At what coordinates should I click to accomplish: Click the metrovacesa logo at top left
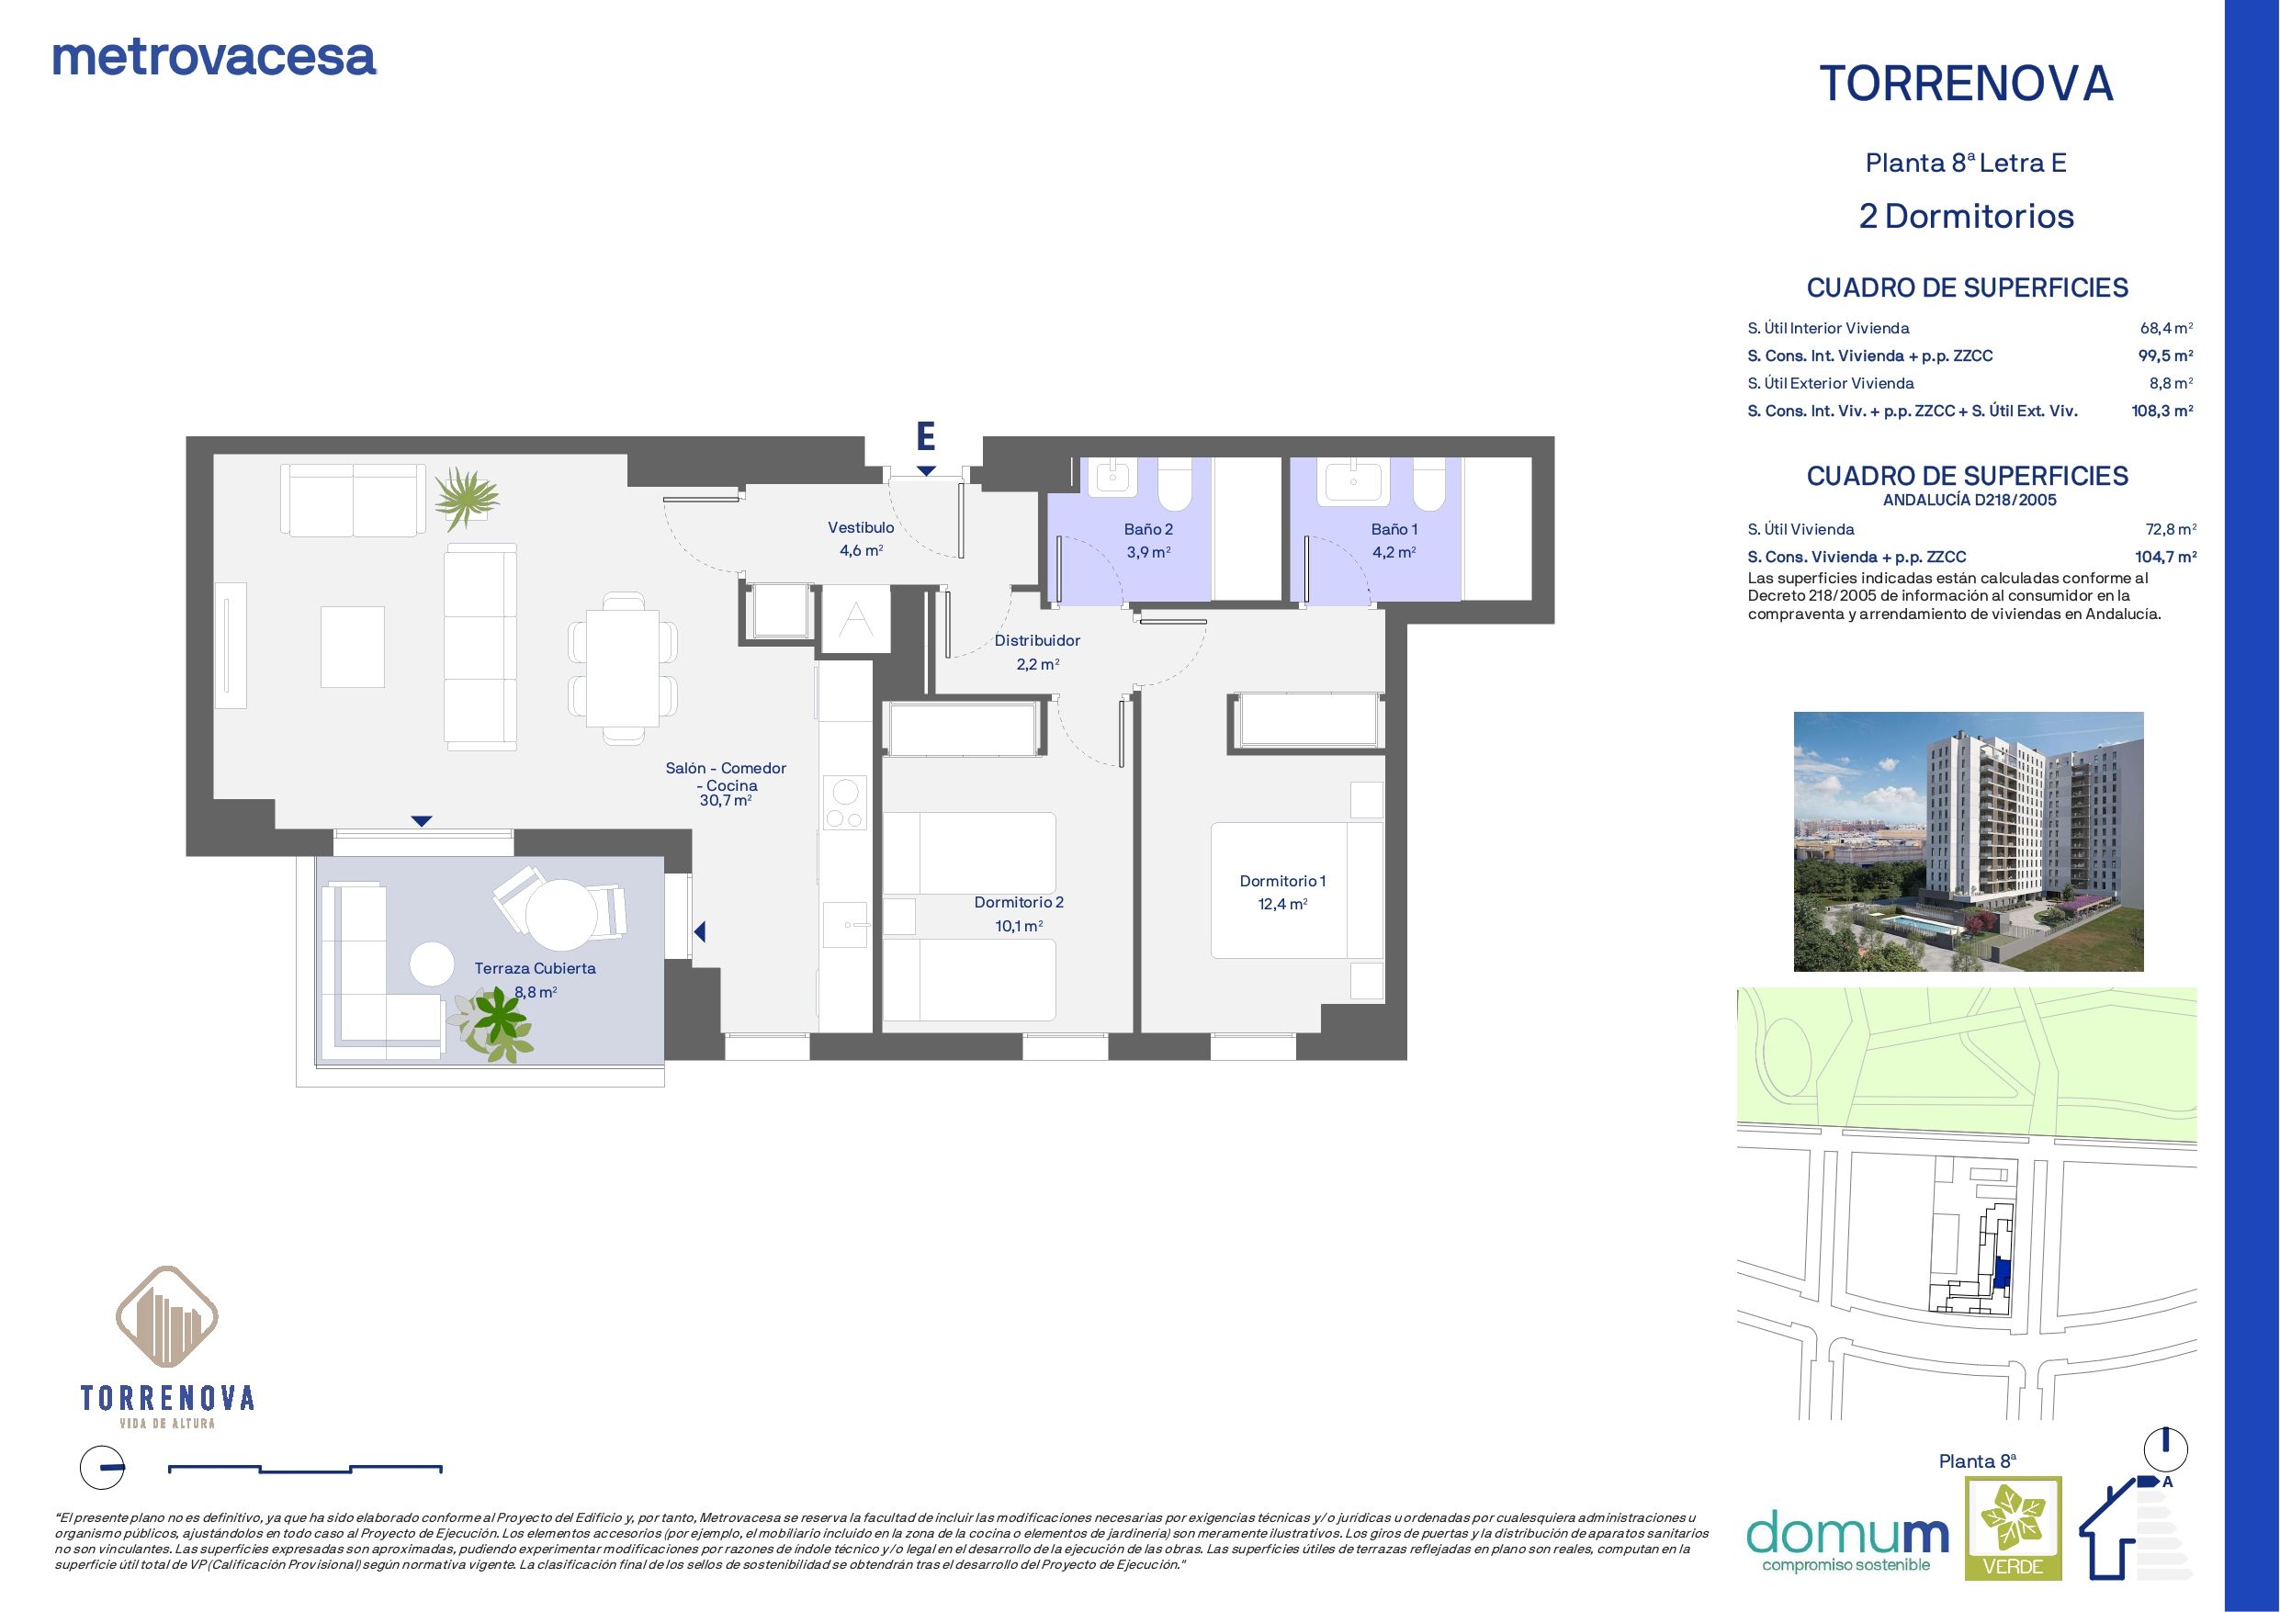[214, 59]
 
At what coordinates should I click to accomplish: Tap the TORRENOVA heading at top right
[1966, 85]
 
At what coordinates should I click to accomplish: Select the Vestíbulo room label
[861, 528]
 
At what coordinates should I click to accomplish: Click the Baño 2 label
[1148, 529]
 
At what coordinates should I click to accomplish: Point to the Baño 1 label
[1394, 529]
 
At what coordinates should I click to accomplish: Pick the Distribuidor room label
[1037, 640]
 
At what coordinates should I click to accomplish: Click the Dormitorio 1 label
[1282, 881]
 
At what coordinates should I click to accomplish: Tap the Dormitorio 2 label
[1019, 903]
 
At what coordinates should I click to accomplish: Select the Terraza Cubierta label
[536, 968]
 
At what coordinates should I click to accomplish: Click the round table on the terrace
[561, 914]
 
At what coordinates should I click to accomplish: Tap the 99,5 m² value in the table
[2166, 355]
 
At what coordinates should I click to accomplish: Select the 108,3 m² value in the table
[2161, 411]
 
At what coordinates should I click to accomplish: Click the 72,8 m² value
[2171, 529]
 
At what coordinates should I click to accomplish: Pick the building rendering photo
[1969, 841]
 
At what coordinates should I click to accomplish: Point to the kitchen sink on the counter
[846, 926]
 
